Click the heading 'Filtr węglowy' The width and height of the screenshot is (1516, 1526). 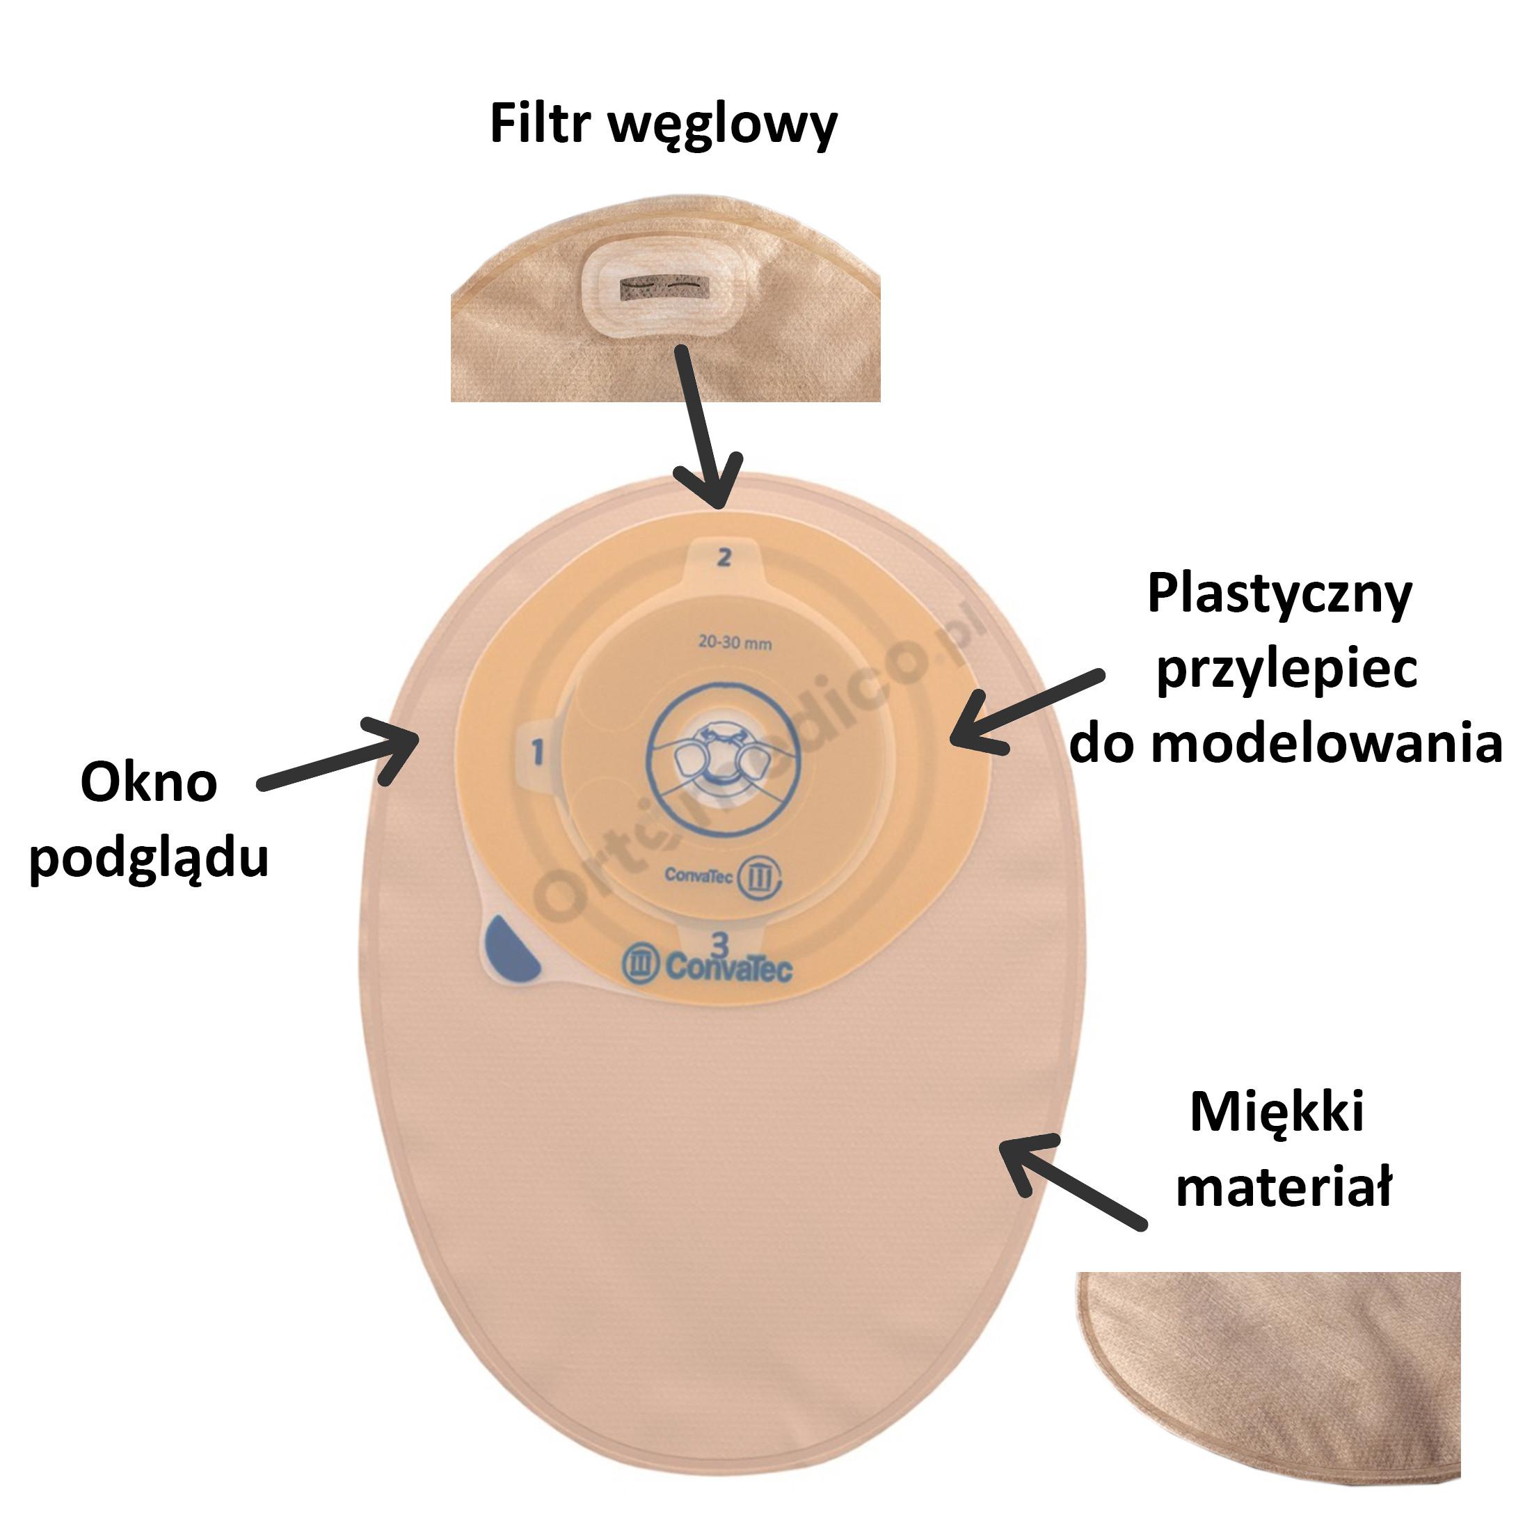(x=663, y=124)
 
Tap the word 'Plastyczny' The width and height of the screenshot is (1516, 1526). (x=1279, y=595)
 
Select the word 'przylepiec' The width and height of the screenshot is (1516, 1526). (x=1286, y=670)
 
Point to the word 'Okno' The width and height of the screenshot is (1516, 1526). (x=148, y=783)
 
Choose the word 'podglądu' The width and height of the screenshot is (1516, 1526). (x=149, y=858)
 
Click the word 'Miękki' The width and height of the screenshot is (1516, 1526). (x=1277, y=1112)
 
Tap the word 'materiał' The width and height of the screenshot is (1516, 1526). (x=1284, y=1186)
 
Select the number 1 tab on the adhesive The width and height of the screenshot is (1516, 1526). (x=538, y=751)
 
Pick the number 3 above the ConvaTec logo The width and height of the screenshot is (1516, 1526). (x=719, y=941)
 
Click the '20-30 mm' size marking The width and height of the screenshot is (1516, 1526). (x=734, y=643)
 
